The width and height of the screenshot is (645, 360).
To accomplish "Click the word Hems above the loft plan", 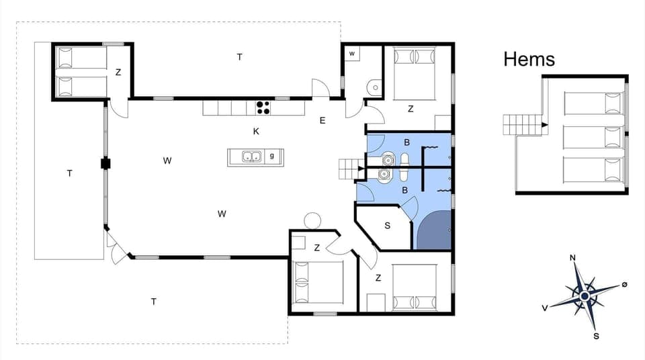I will (529, 59).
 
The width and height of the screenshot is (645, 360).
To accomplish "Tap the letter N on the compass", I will (572, 257).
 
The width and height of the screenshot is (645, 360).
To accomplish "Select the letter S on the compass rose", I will (596, 336).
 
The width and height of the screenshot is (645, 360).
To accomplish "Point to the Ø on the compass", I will (624, 285).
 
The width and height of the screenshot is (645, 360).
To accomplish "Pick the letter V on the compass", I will (545, 308).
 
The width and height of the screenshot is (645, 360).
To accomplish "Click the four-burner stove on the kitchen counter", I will (263, 107).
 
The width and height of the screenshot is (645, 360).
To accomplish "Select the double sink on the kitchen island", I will (252, 157).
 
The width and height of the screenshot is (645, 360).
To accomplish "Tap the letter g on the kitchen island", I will (271, 156).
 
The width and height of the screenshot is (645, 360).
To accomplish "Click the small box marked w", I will (352, 54).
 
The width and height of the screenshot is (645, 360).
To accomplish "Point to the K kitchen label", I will (256, 131).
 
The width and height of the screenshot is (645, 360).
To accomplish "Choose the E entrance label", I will (322, 121).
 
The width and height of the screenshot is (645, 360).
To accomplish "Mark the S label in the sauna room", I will (387, 226).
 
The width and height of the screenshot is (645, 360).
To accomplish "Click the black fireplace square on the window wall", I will (105, 163).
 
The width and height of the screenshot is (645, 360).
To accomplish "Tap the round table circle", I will (312, 220).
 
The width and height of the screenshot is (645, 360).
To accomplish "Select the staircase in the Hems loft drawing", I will (522, 124).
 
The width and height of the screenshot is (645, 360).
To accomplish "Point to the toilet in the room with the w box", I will (375, 86).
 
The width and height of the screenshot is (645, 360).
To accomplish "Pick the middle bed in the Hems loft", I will (593, 136).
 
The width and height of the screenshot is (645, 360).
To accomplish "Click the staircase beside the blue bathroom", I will (349, 169).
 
